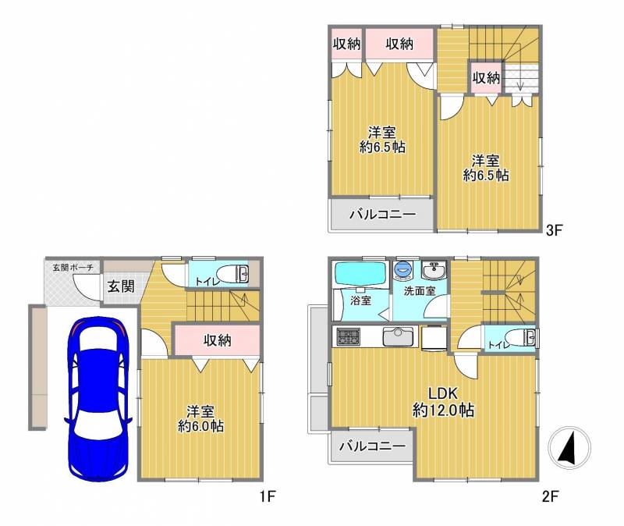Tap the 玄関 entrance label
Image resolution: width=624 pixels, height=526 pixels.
click(121, 286)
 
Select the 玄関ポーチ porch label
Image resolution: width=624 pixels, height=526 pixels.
click(73, 268)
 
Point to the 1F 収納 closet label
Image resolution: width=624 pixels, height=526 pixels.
click(218, 340)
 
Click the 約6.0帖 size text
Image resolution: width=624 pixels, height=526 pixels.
click(201, 426)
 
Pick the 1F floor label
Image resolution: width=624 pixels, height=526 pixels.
click(268, 496)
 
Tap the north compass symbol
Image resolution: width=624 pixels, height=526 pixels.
click(569, 446)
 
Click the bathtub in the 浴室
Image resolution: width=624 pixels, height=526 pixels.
click(361, 273)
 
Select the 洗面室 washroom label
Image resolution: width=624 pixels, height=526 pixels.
click(420, 291)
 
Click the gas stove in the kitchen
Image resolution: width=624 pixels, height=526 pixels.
click(348, 337)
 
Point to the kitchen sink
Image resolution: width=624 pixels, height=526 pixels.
click(398, 337)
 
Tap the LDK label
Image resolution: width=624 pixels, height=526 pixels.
click(443, 393)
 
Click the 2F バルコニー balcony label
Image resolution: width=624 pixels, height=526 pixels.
click(373, 446)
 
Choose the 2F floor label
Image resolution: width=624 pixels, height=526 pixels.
click(551, 496)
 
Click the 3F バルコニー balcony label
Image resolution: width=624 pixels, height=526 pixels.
click(383, 214)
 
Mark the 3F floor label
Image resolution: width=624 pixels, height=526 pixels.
click(554, 230)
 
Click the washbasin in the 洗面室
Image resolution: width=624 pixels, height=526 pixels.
click(434, 271)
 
